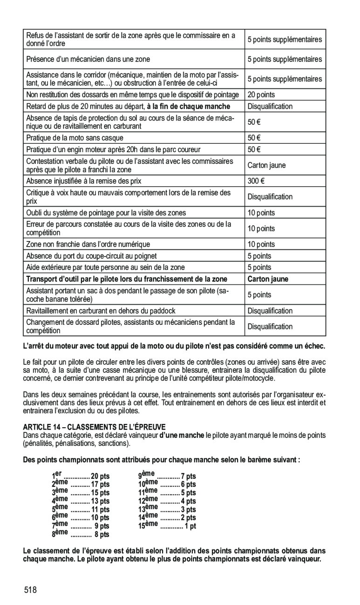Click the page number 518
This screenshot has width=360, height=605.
(31, 590)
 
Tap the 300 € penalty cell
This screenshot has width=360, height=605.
(254, 181)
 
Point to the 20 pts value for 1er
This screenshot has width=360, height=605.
(100, 476)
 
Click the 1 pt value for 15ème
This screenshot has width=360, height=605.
(190, 526)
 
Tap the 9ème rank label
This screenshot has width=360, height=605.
(147, 474)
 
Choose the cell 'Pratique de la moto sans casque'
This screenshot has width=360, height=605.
(75, 138)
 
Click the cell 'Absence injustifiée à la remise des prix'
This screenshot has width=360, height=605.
(84, 181)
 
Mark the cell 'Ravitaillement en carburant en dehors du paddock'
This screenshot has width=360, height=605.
(101, 311)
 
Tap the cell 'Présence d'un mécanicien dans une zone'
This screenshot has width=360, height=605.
(88, 60)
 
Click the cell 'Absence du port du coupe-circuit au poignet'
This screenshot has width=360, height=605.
(91, 256)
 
